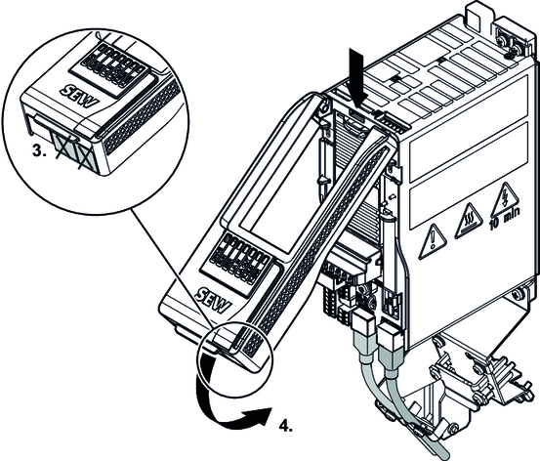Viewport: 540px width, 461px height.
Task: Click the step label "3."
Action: point(39,151)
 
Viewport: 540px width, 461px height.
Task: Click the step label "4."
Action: point(286,425)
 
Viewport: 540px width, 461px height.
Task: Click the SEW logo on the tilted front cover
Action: point(213,300)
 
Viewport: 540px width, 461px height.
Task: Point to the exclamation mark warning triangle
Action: point(433,242)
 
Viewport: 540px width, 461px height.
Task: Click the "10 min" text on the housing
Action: point(505,217)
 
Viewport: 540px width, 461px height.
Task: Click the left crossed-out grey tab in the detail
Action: point(63,147)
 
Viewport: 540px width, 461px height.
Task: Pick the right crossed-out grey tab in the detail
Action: point(86,157)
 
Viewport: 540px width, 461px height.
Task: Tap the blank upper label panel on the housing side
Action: point(469,129)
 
